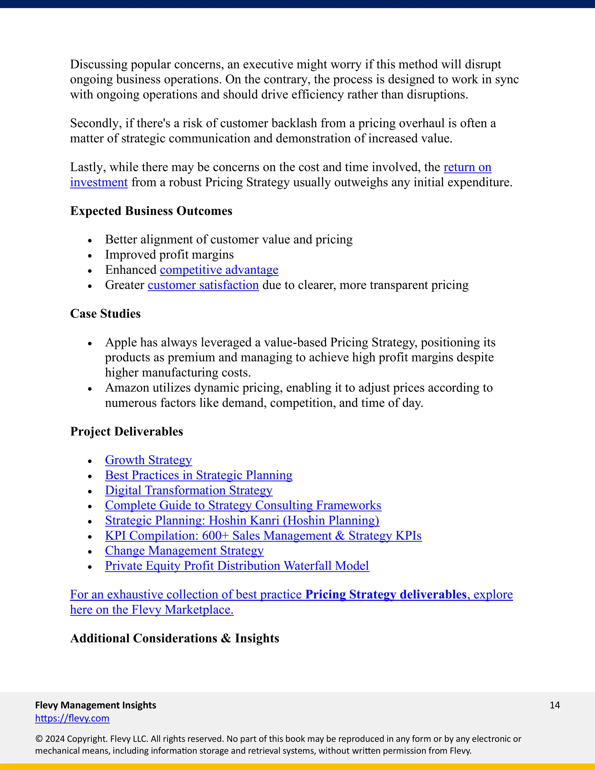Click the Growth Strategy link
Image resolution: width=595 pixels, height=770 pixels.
[148, 460]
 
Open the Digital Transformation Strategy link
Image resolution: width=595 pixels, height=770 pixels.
[189, 490]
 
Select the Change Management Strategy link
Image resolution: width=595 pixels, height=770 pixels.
[184, 551]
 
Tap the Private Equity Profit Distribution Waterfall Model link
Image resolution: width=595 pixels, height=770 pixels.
[237, 566]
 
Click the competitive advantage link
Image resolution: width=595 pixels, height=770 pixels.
[219, 270]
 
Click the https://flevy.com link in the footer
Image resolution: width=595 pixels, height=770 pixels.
[72, 718]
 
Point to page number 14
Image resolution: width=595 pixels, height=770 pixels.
[554, 705]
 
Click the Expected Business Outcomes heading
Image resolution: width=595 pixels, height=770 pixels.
[151, 211]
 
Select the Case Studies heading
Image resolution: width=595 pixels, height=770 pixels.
[105, 314]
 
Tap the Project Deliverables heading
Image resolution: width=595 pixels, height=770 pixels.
[127, 431]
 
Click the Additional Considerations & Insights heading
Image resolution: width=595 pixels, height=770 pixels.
[175, 638]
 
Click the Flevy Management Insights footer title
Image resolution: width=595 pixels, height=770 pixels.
[96, 705]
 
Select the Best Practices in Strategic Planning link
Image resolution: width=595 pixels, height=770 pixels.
[198, 475]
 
